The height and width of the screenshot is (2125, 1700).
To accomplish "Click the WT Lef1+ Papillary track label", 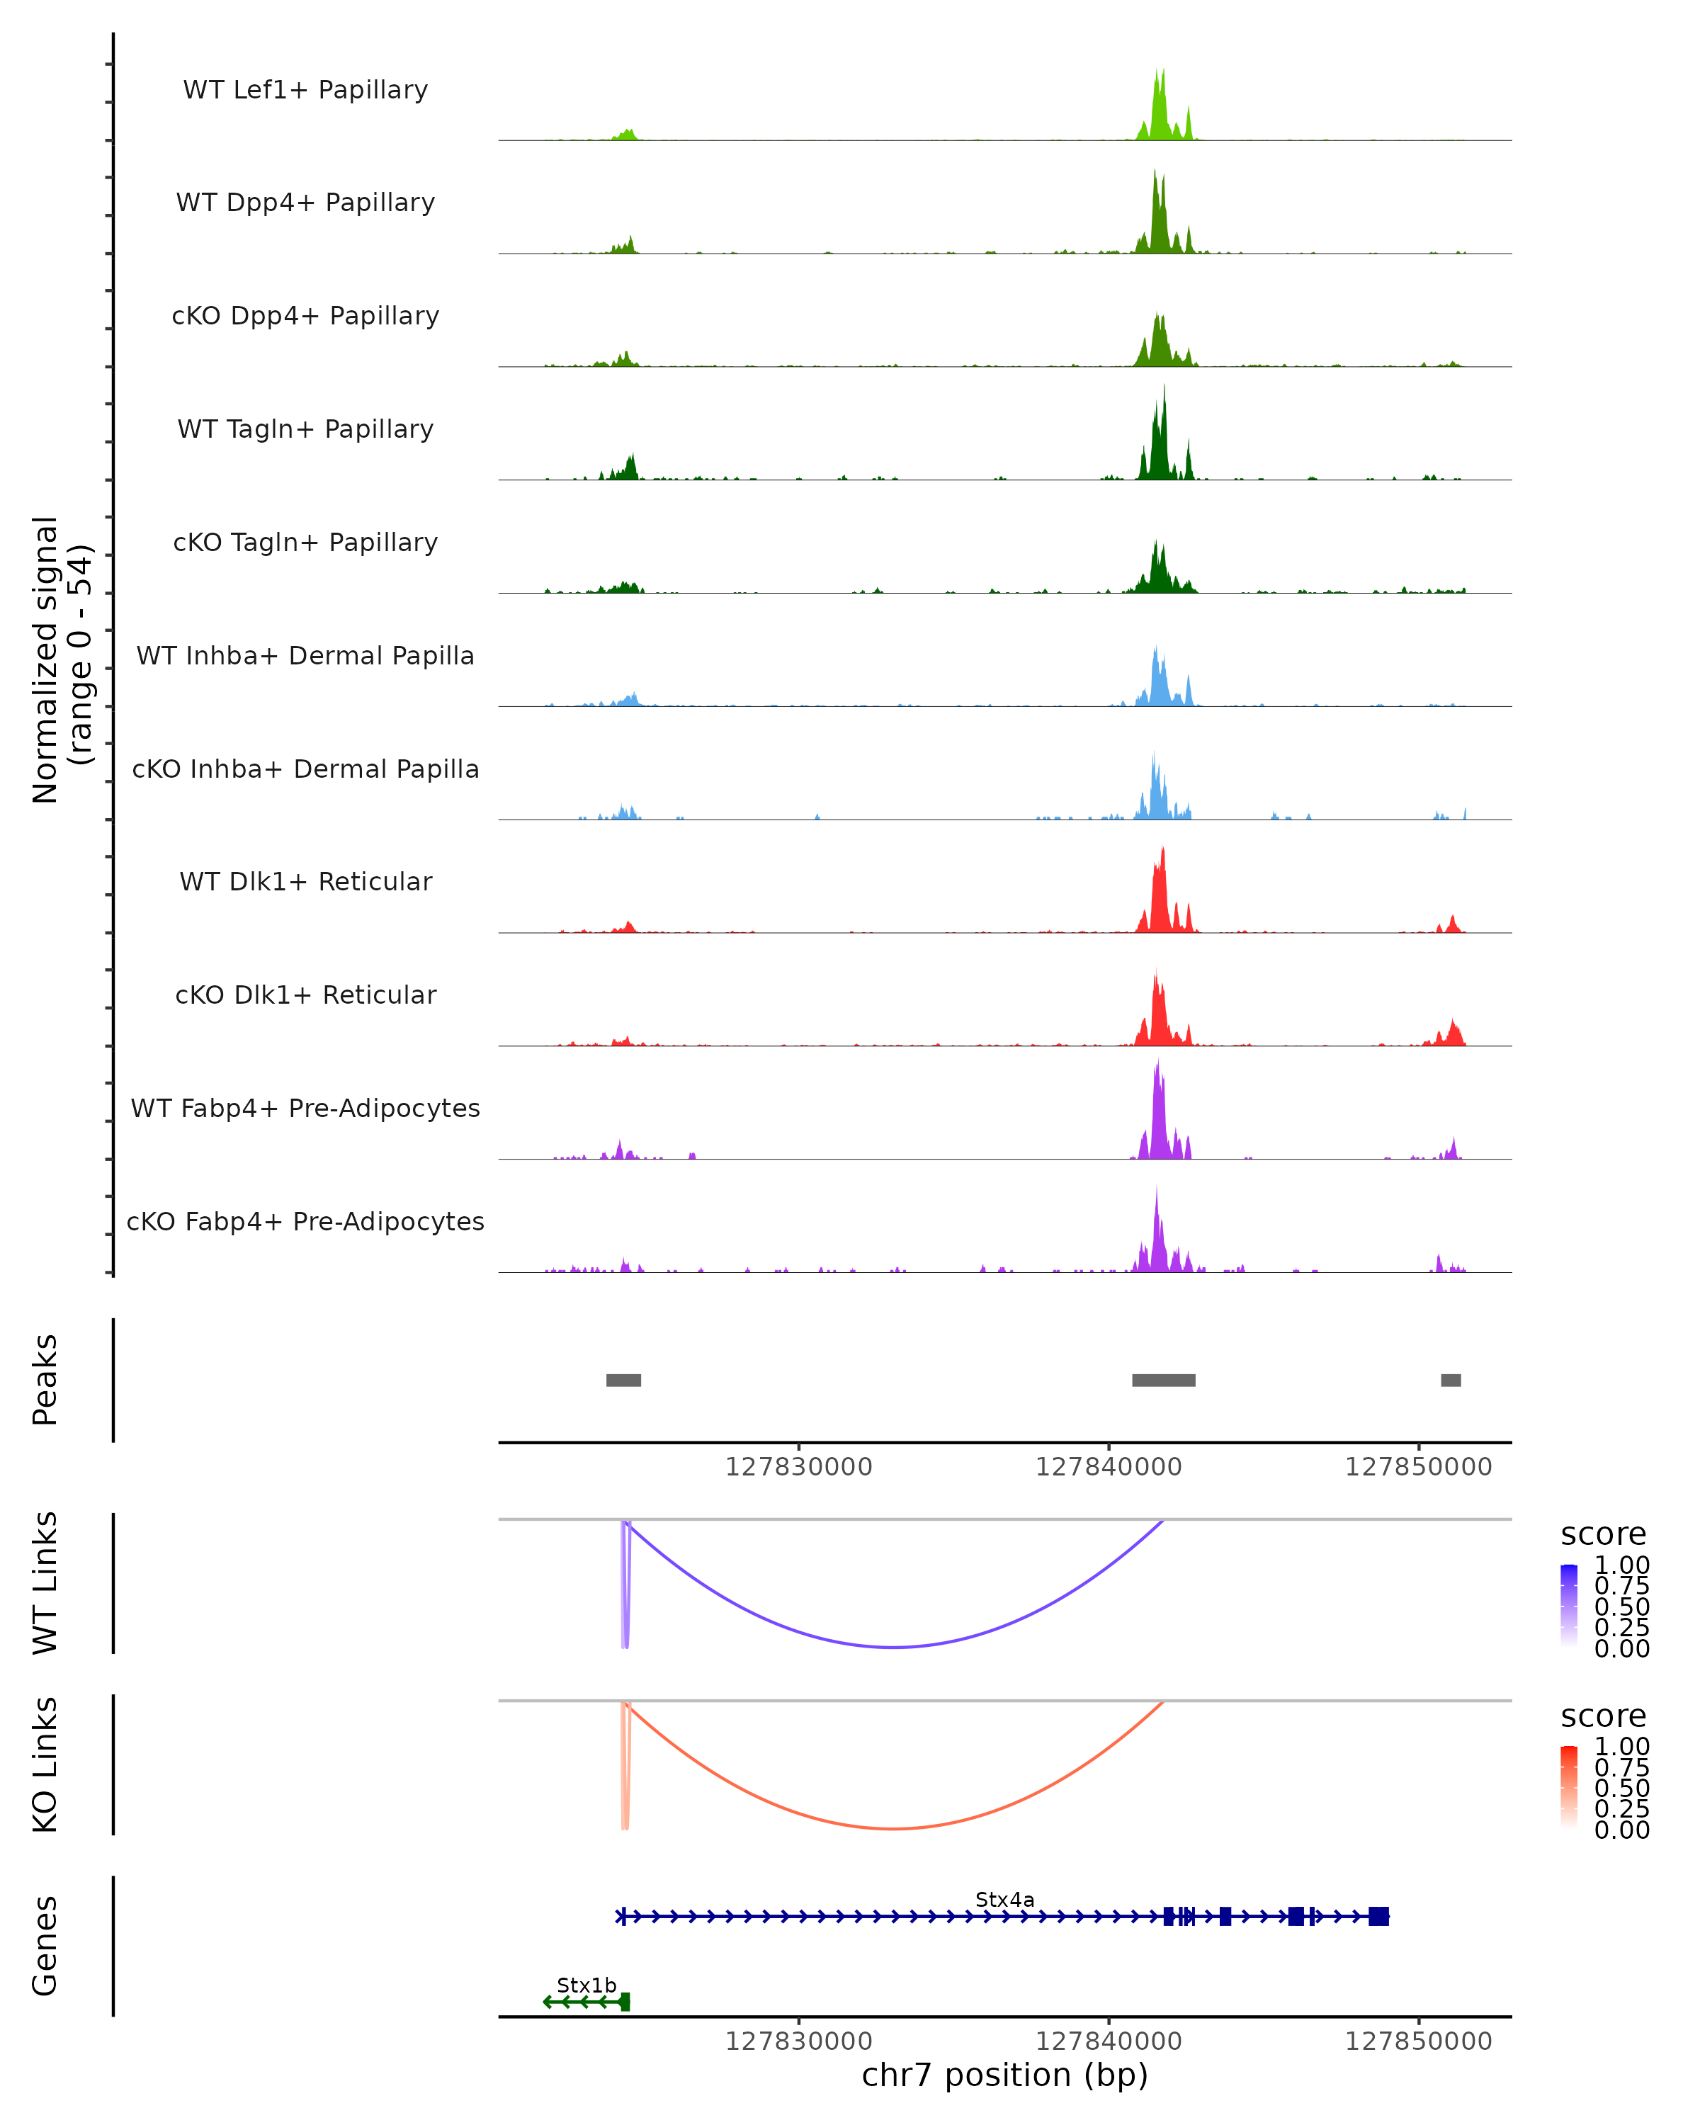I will point(305,90).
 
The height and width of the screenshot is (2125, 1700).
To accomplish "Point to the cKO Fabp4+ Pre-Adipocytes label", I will point(305,1221).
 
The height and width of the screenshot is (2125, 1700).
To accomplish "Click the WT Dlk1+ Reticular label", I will point(305,881).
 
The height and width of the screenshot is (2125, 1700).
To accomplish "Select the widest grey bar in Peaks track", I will point(1163,1380).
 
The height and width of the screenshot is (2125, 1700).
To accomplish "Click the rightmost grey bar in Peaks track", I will point(1451,1380).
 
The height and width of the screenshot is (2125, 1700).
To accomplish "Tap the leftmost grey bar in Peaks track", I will point(623,1380).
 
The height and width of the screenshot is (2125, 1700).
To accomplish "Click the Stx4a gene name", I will point(1004,1899).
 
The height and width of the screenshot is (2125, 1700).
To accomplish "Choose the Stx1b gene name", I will point(586,1985).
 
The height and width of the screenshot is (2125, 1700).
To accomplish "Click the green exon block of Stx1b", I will point(625,2002).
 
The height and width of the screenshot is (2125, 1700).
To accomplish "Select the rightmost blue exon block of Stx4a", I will point(1378,1916).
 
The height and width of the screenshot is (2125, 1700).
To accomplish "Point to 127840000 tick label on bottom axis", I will point(1109,2041).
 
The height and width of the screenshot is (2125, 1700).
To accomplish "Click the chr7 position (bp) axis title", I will point(1004,2075).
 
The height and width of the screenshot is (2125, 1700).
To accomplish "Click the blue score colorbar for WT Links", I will point(1569,1604).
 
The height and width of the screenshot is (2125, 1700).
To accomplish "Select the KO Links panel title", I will point(45,1764).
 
